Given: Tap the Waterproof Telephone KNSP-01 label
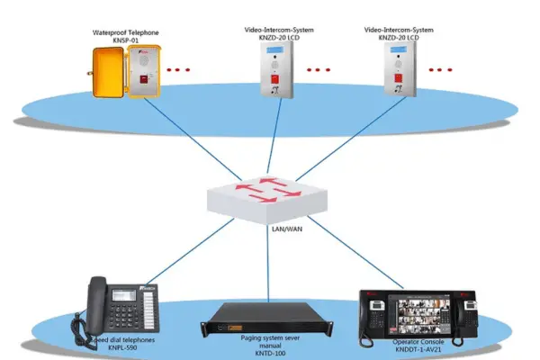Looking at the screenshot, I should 126,36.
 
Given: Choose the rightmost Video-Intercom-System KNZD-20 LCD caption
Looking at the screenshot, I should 397,33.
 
